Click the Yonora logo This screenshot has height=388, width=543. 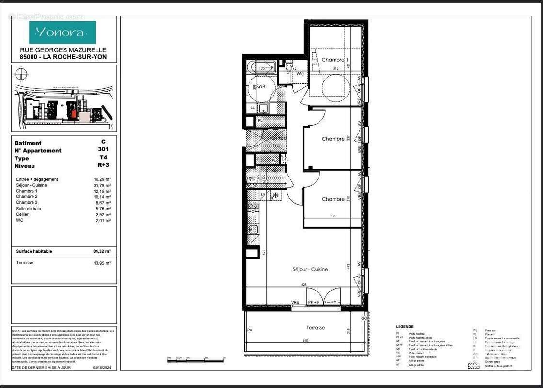tap(62, 32)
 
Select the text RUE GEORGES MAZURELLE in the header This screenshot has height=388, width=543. tap(63, 50)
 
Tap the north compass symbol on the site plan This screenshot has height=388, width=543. tap(20, 74)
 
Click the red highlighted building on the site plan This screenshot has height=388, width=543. tap(73, 113)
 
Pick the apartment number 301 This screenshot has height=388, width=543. tap(103, 150)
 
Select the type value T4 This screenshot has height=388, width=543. tap(103, 158)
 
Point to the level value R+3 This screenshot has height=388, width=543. tap(103, 166)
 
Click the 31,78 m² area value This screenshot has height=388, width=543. tap(102, 185)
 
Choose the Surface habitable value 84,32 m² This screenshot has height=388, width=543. tap(102, 251)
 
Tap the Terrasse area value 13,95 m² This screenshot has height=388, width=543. tap(102, 263)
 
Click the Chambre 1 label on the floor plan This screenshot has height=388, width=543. tap(335, 60)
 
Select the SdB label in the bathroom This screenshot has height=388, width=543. tap(261, 86)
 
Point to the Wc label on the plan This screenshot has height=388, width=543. tap(300, 74)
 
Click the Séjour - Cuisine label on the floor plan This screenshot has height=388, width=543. tap(310, 269)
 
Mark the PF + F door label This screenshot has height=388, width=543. tap(314, 302)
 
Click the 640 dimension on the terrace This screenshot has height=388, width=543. tap(305, 341)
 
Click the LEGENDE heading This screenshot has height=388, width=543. tap(404, 326)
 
